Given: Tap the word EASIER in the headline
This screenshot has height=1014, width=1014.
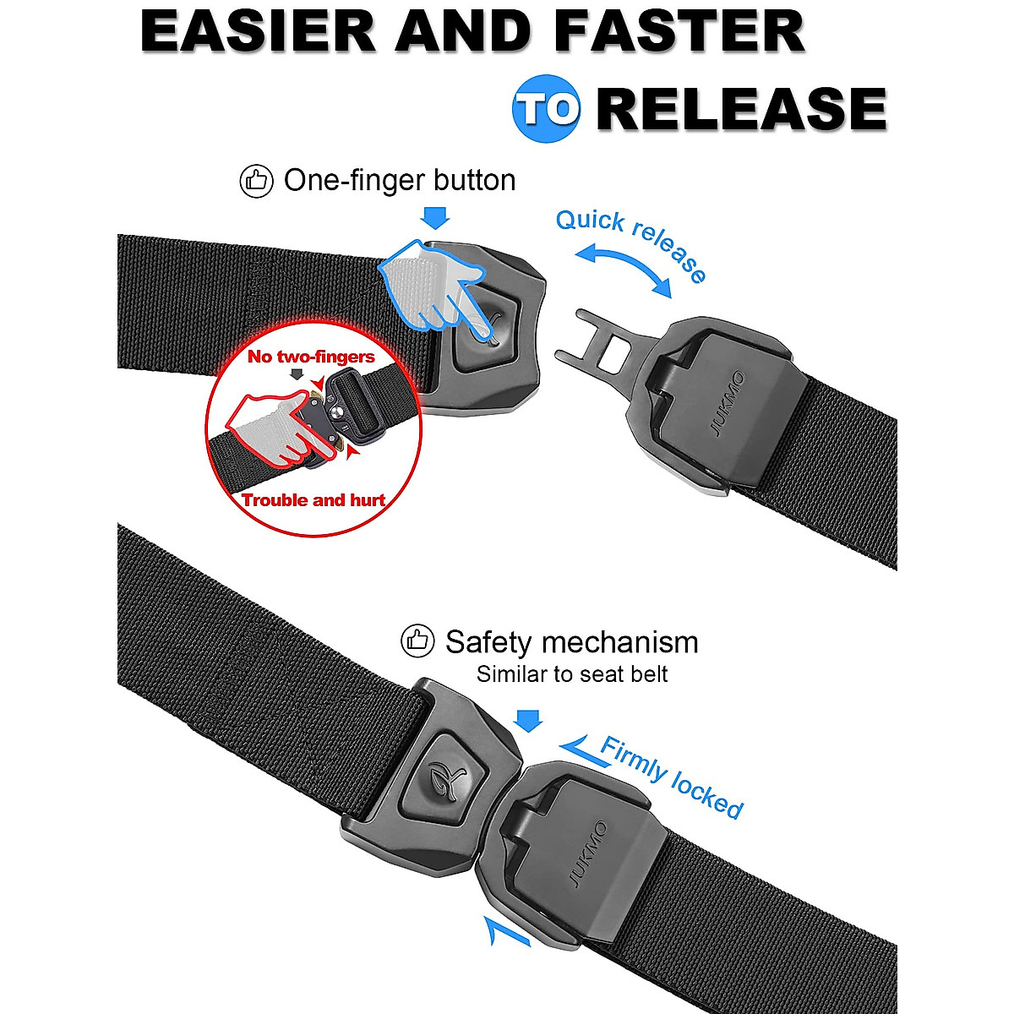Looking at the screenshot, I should [257, 32].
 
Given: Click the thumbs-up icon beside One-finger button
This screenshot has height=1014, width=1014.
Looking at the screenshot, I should [257, 181].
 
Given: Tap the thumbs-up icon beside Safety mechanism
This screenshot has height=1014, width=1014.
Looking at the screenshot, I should [417, 642].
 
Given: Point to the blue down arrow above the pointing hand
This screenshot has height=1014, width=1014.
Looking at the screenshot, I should [435, 218].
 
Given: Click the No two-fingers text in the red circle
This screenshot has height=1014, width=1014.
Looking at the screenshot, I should [310, 357].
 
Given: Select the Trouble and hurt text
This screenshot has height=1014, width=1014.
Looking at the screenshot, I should [313, 500].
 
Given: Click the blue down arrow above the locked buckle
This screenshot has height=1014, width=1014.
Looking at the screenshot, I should [528, 720].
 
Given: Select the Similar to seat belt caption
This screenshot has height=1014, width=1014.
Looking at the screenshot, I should [572, 674].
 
